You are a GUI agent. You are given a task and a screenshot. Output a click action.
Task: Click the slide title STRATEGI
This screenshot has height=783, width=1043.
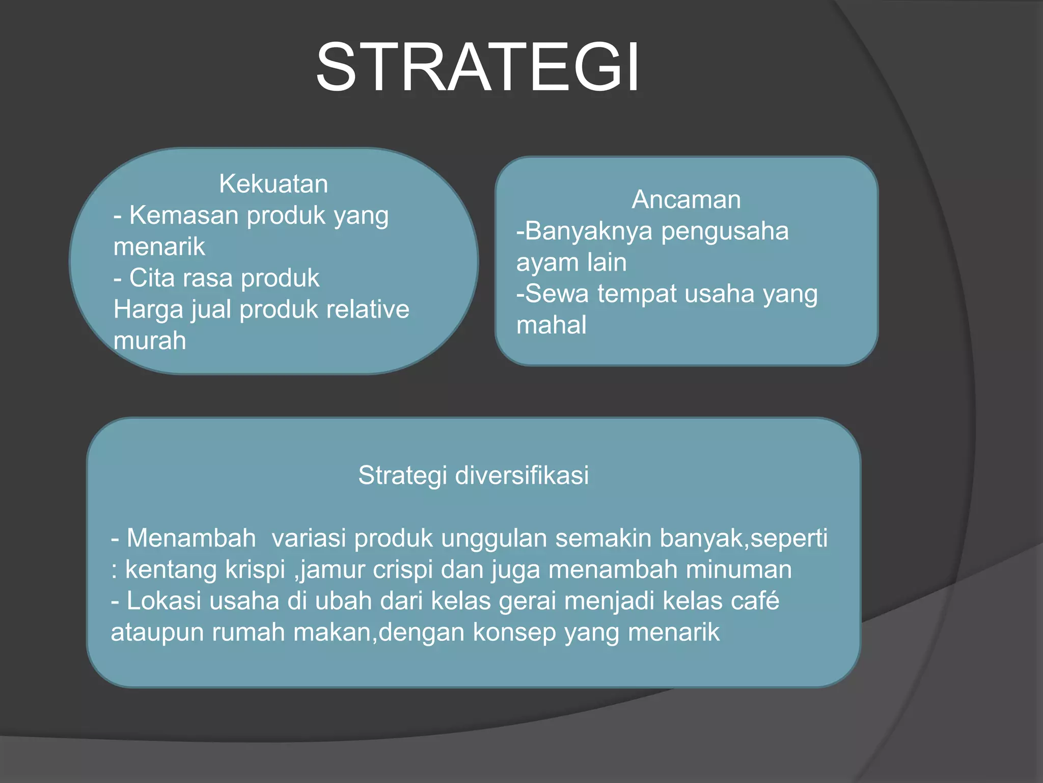pyautogui.click(x=477, y=68)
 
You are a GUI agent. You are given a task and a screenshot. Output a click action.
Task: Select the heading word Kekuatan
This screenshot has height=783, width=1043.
pyautogui.click(x=273, y=184)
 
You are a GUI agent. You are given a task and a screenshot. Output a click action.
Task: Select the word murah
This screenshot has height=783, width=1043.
pyautogui.click(x=150, y=341)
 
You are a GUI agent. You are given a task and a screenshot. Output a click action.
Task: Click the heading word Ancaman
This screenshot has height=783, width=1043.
pyautogui.click(x=686, y=199)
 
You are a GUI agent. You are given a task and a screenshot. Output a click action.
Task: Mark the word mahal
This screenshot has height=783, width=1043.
pyautogui.click(x=551, y=325)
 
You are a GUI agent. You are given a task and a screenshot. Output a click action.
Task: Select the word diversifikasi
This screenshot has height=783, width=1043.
pyautogui.click(x=522, y=475)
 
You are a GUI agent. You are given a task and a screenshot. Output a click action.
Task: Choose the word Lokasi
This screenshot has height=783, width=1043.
pyautogui.click(x=164, y=601)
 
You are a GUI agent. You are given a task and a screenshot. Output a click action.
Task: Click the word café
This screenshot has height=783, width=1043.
pyautogui.click(x=755, y=601)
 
